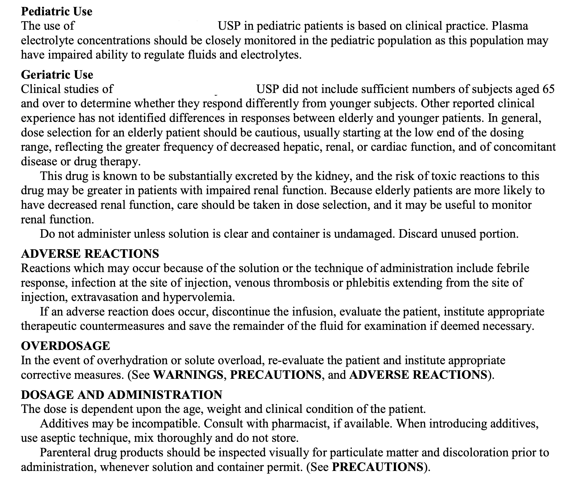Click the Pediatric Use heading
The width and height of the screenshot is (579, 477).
point(57,12)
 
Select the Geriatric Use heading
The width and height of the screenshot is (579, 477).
point(57,75)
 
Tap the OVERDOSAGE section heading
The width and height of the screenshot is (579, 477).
point(65,346)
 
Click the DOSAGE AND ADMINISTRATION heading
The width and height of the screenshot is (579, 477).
point(121,395)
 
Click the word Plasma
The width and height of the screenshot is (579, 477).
point(510,26)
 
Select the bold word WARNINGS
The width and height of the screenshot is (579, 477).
point(188,375)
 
